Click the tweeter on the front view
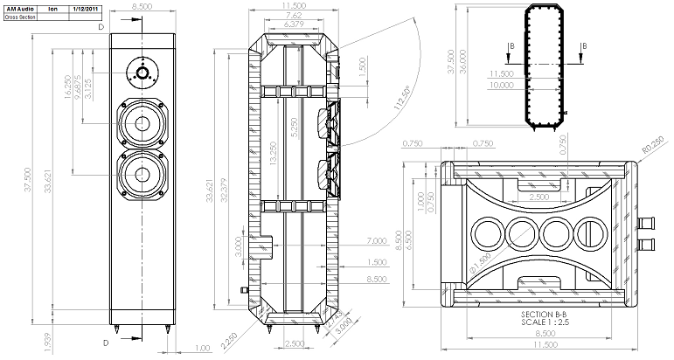coord(142,71)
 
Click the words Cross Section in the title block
coord(22,17)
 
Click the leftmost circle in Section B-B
coord(483,234)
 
